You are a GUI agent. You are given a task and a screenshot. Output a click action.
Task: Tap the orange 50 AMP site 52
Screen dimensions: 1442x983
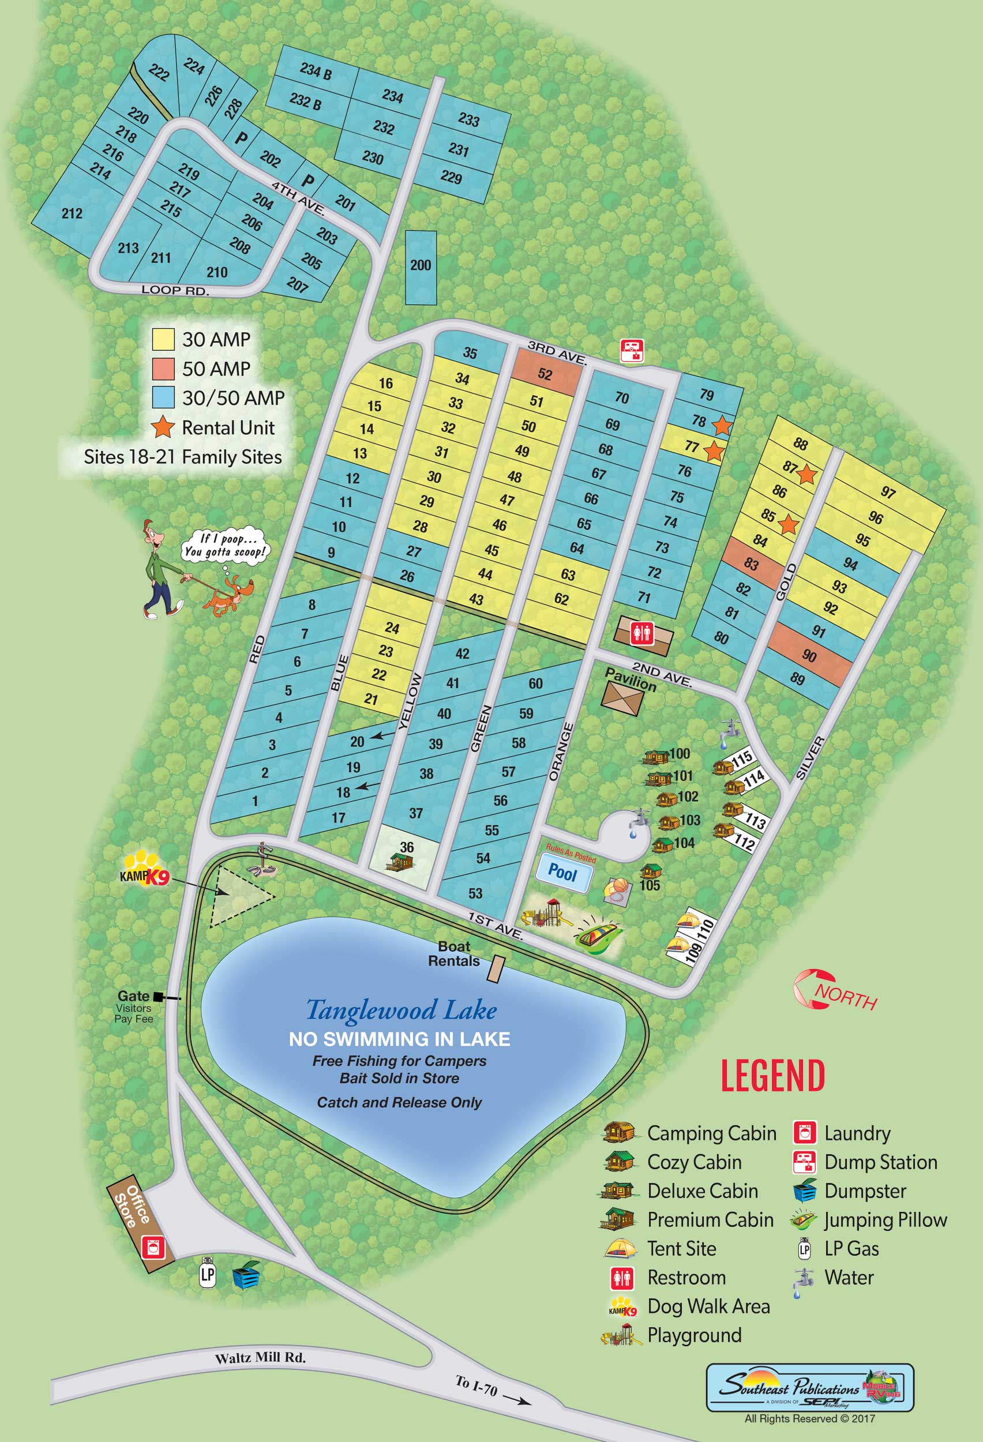[546, 373]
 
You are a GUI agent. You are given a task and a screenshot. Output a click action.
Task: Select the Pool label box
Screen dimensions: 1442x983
[562, 872]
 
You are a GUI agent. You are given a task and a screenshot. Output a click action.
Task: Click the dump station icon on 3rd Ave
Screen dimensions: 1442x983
[632, 351]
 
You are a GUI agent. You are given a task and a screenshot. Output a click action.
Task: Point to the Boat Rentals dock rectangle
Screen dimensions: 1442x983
[495, 968]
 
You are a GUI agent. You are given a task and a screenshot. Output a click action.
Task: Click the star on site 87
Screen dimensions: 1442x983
[806, 475]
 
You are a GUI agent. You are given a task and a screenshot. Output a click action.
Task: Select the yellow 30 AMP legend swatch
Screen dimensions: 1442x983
[163, 339]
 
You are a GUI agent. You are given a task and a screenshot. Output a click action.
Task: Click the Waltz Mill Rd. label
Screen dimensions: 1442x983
[260, 1358]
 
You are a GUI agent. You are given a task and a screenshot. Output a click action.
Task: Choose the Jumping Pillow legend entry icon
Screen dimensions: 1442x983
[803, 1220]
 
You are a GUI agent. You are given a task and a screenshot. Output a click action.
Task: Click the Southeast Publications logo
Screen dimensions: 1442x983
[809, 1387]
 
